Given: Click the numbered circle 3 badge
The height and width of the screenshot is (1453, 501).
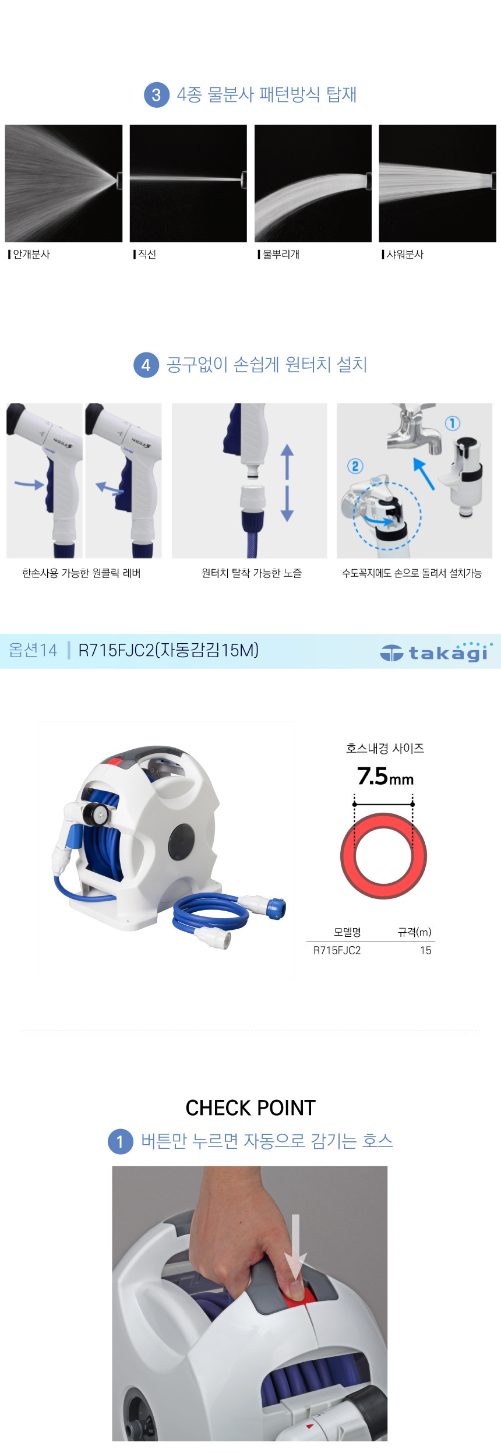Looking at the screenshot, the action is click(x=156, y=95).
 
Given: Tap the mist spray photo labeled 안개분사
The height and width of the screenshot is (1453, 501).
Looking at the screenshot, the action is click(x=63, y=183).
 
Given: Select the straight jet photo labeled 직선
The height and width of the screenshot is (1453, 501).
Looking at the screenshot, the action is click(x=188, y=183).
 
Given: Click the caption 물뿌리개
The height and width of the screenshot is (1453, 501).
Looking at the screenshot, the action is click(x=281, y=255).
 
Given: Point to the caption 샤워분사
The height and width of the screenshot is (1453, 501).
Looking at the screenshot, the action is click(x=405, y=255).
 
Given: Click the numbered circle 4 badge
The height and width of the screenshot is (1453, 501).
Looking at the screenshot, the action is click(x=146, y=365).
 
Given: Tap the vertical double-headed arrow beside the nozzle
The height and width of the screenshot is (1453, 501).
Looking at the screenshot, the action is click(x=287, y=483).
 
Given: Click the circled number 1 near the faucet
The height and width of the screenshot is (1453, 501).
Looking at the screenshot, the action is click(x=452, y=423).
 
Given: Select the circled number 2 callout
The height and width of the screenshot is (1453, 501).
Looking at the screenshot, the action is click(x=355, y=466).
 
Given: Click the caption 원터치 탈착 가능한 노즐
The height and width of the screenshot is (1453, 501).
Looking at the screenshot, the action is click(x=252, y=573).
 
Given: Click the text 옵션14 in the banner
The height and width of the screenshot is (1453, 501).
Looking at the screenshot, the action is click(x=33, y=650).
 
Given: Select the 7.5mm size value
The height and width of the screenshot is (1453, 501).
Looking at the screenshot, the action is click(x=385, y=777).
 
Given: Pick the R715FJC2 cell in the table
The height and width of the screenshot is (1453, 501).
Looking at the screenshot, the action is click(x=337, y=950).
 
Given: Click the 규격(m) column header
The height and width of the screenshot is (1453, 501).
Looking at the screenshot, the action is click(x=415, y=932).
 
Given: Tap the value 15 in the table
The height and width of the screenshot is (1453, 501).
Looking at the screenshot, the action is click(x=426, y=950).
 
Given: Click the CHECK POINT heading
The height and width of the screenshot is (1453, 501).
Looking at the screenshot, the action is click(x=250, y=1108).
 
